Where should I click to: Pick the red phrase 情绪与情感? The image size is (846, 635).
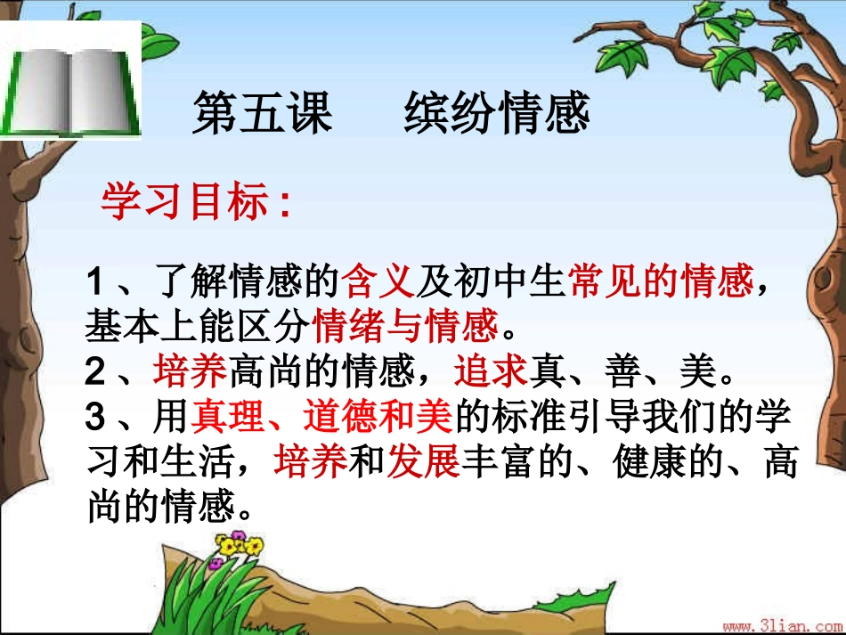pyautogui.click(x=406, y=327)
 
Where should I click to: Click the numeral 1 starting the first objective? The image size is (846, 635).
pyautogui.click(x=96, y=285)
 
